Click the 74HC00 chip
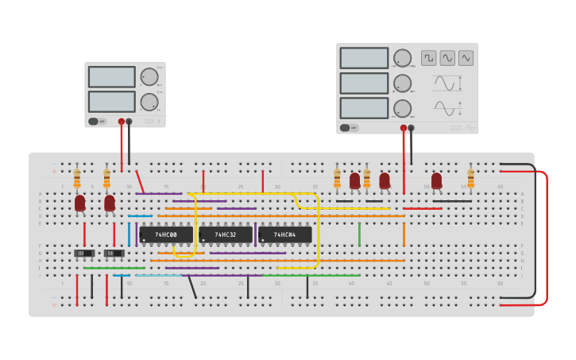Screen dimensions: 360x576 165,235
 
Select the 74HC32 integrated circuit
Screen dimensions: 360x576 226,235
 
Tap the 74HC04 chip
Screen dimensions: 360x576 284,235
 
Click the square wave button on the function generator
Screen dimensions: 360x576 428,58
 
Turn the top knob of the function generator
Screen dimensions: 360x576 403,58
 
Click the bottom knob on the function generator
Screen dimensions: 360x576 403,108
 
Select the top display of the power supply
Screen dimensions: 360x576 112,76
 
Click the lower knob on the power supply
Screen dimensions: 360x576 149,102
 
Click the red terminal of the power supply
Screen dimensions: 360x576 122,122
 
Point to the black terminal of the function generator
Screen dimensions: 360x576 411,127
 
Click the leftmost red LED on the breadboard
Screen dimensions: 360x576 80,203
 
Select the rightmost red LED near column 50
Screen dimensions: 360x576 436,180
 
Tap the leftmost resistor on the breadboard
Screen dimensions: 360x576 77,178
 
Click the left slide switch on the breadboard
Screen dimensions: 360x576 84,254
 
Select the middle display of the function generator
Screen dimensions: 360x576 364,83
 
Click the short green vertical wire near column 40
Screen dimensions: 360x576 359,234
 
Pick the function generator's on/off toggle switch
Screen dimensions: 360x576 349,127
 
